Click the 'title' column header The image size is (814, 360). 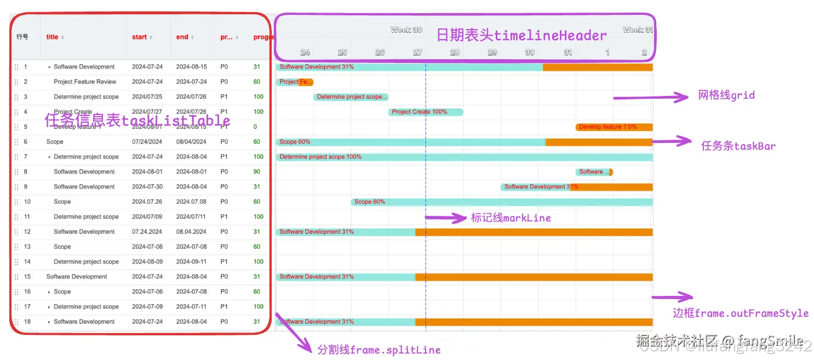[52, 37]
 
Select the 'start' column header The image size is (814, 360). [139, 37]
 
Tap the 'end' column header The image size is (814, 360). [182, 37]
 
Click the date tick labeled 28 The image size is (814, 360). [455, 53]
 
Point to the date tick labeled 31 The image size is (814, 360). [568, 53]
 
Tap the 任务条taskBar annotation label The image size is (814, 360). [738, 146]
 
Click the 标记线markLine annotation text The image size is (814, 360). [511, 218]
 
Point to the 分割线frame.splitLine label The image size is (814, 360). [379, 350]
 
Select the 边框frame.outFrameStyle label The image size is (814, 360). [741, 313]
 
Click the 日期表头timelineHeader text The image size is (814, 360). [521, 36]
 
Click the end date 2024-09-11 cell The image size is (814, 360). [191, 262]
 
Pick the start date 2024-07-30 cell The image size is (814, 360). [147, 187]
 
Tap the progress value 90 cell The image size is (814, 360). [257, 172]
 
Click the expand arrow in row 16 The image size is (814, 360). [49, 292]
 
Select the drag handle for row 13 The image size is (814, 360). [16, 247]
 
